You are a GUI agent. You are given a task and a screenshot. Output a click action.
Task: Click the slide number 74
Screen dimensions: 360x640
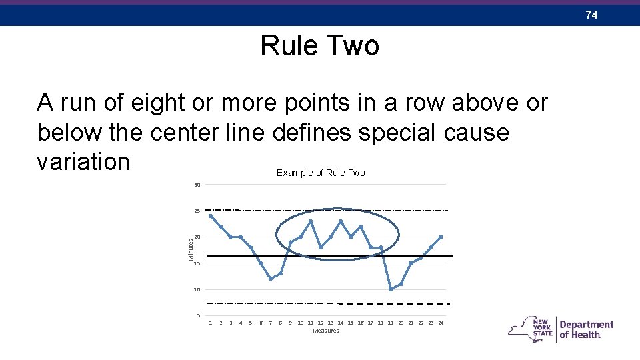tap(591, 14)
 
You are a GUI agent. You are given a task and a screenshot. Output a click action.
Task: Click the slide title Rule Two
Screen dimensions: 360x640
tap(319, 46)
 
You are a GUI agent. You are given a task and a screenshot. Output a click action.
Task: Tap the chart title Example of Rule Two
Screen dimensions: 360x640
tap(321, 173)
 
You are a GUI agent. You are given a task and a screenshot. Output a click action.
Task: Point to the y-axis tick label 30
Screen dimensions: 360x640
tap(197, 185)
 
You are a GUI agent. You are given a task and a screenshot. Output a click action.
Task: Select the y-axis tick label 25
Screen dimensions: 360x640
tap(197, 211)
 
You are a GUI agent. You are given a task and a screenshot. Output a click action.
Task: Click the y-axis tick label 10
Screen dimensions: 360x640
tap(197, 290)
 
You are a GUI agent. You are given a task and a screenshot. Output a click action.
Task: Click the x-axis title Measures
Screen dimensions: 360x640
tap(326, 331)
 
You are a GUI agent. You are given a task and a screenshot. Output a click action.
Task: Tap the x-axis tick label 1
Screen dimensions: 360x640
tap(211, 323)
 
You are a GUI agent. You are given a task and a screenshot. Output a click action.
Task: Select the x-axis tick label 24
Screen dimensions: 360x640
tap(441, 323)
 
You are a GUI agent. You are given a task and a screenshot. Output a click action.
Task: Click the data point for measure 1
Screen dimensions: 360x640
tap(211, 215)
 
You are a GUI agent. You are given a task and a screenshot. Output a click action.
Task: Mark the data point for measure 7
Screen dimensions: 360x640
tap(271, 279)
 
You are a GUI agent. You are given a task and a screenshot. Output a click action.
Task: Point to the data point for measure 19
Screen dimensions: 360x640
tap(391, 289)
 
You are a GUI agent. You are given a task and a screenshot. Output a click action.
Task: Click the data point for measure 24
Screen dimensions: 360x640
tap(441, 237)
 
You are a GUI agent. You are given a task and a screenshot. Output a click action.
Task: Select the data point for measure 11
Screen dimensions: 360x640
tap(311, 221)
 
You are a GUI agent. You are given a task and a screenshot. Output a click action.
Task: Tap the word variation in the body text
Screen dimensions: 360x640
tap(83, 161)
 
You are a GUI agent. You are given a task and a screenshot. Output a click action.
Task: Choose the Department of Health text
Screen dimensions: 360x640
tap(586, 329)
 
